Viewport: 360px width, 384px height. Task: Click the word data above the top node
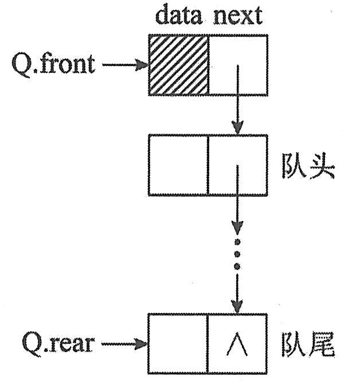(x=179, y=16)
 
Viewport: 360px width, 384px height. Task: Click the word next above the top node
(x=238, y=16)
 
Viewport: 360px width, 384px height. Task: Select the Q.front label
(x=53, y=64)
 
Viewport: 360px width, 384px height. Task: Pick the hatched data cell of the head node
(x=178, y=64)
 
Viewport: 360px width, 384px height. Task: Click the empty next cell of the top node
(x=238, y=64)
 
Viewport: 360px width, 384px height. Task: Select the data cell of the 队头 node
(x=178, y=165)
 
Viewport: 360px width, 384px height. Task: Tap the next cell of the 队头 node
(x=238, y=165)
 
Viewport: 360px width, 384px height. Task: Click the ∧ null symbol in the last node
(x=237, y=344)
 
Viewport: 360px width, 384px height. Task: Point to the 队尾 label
(x=307, y=344)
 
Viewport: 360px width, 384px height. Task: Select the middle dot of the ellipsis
(x=237, y=253)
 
